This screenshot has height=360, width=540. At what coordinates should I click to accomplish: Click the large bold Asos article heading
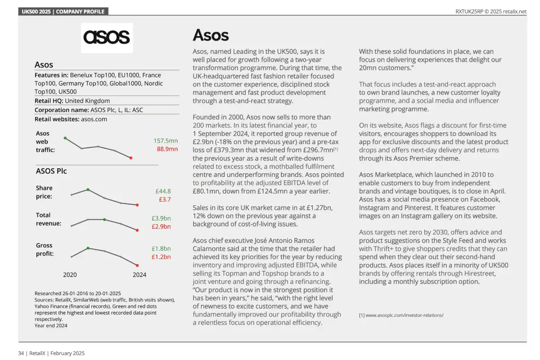click(x=211, y=35)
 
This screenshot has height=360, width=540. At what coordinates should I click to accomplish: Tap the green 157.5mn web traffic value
click(x=166, y=141)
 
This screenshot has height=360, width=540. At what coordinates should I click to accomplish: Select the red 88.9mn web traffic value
click(x=167, y=149)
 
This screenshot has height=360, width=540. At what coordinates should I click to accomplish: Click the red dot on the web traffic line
click(x=131, y=158)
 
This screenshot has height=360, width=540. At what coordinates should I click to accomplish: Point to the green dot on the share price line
click(x=88, y=189)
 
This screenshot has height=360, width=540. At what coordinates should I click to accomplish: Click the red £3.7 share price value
click(x=164, y=199)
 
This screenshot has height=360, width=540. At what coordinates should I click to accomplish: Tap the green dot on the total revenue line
click(x=104, y=220)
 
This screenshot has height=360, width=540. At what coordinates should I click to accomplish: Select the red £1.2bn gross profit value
click(x=161, y=257)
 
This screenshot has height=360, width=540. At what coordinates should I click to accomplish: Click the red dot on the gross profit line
click(x=137, y=265)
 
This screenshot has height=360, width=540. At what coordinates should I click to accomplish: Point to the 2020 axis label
click(x=70, y=274)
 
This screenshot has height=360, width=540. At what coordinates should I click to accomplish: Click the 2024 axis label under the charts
click(x=139, y=274)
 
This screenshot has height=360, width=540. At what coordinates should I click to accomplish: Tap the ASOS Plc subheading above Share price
click(x=51, y=171)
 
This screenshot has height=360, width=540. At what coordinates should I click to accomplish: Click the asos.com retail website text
click(x=94, y=119)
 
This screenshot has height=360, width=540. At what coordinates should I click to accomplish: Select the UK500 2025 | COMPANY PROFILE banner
click(x=63, y=11)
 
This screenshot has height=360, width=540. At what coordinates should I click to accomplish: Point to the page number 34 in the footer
click(x=21, y=353)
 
